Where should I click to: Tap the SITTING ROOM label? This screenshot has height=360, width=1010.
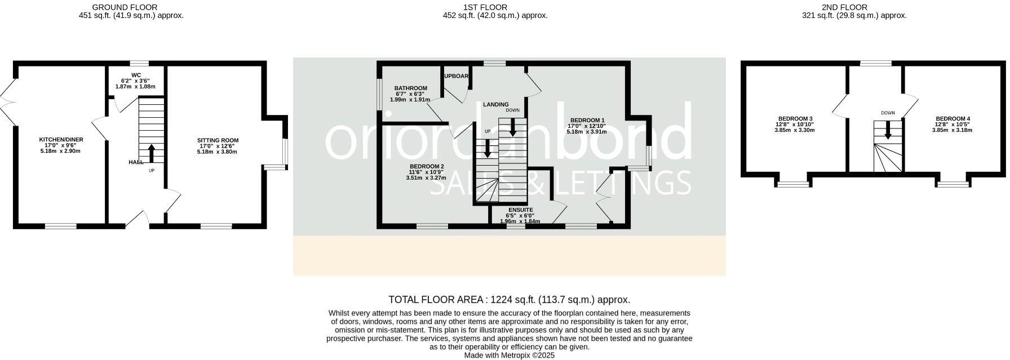218,140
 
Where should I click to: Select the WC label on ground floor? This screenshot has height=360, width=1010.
136,75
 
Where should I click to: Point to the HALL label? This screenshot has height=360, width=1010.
136,162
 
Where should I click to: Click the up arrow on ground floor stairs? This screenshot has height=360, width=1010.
151,153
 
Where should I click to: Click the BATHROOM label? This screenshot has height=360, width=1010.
410,88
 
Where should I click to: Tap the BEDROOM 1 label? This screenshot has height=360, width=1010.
587,120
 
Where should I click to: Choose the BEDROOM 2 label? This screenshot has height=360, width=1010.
427,166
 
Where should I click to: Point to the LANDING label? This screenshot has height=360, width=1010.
495,104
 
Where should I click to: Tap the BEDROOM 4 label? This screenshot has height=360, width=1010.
952,119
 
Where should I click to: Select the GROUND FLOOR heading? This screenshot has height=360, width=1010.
125,7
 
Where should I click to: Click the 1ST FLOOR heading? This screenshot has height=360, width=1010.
477,7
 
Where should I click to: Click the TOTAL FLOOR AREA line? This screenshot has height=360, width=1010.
509,300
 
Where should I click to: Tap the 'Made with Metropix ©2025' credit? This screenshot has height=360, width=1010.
509,355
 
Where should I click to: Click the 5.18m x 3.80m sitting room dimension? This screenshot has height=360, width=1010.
218,152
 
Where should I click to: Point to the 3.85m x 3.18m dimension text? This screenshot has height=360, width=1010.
952,130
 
